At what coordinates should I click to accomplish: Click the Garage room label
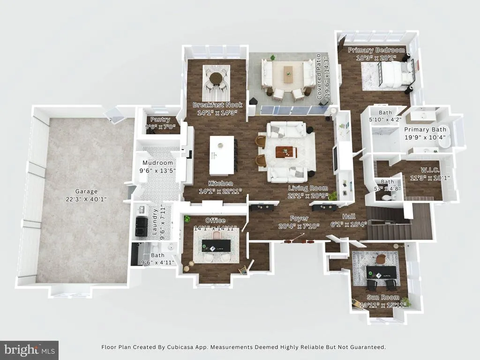pos(86,191)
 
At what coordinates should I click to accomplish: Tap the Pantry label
pos(160,120)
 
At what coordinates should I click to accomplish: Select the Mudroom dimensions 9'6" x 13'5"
pos(157,171)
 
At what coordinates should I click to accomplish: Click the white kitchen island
pos(222,156)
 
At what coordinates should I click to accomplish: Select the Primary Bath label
pos(425,129)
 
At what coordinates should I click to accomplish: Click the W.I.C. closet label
pos(430,170)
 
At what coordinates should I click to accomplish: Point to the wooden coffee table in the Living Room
pos(286,152)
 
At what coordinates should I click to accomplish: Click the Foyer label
pos(299,218)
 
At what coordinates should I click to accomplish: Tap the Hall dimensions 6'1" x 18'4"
pos(349,225)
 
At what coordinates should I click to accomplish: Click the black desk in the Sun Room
pos(382,272)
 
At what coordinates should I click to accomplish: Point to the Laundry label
pos(155,222)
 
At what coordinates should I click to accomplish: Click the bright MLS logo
pos(30,350)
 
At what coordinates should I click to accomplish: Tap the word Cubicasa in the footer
pos(179,347)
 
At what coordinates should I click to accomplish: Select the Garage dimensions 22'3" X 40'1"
pos(86,199)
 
